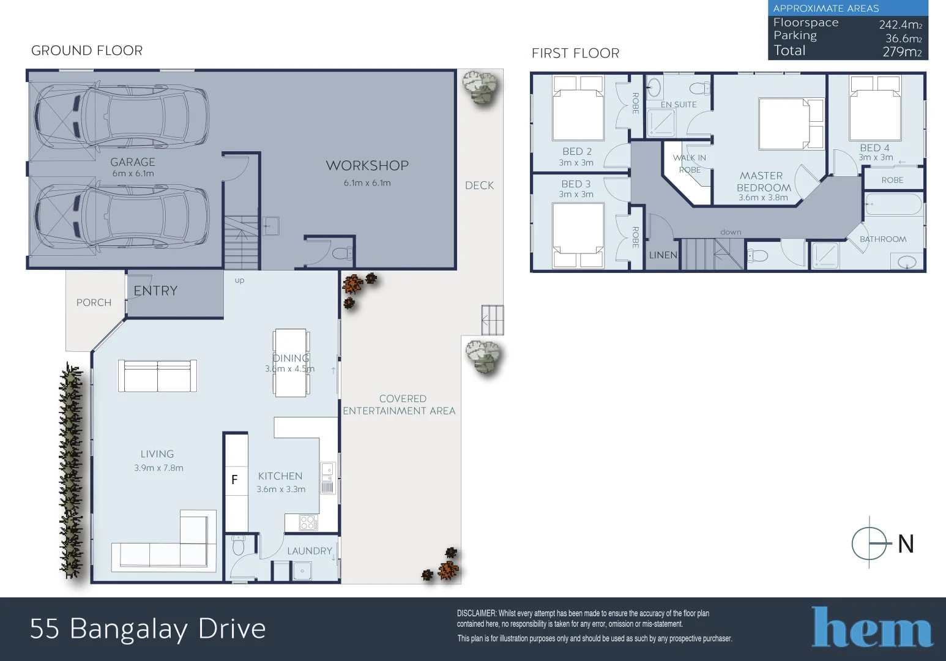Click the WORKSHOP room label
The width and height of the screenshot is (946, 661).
[367, 166]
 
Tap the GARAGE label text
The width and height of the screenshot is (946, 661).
[133, 162]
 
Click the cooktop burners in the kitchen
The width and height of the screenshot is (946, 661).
[308, 522]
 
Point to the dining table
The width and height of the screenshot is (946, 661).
[291, 363]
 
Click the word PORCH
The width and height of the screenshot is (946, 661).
[94, 302]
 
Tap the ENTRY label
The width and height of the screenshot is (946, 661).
[155, 291]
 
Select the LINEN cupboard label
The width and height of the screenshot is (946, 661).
[663, 255]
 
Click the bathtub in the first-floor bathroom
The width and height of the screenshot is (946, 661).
[893, 204]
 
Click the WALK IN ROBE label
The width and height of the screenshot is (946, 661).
[690, 163]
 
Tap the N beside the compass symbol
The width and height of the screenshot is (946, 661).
[906, 544]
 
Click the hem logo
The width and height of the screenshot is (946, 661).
[871, 627]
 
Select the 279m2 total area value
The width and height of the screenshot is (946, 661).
[901, 51]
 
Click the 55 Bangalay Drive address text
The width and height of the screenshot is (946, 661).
[148, 629]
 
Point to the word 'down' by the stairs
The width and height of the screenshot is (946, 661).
[731, 232]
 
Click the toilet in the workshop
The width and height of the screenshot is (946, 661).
[341, 252]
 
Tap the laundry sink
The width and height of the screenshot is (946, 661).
[302, 571]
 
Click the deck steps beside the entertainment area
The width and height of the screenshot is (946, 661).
[492, 320]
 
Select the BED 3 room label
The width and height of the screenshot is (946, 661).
[576, 184]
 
